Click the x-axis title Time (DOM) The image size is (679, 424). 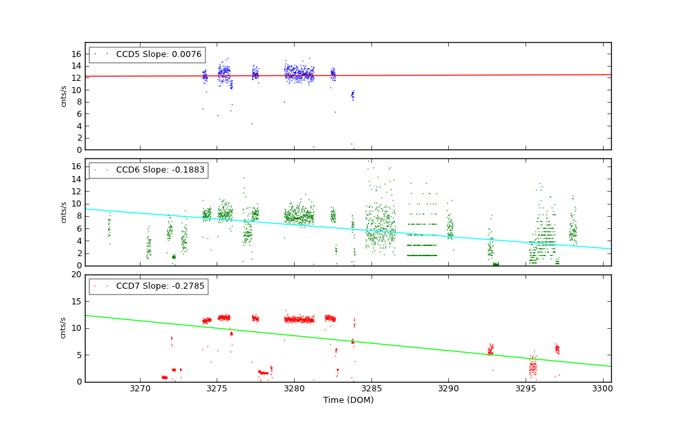(348, 400)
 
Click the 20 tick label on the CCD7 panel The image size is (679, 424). (77, 275)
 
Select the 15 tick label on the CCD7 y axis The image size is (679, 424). (77, 302)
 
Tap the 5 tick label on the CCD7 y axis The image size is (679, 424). (79, 355)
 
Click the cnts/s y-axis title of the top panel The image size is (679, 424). (64, 96)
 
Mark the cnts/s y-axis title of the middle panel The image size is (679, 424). (64, 212)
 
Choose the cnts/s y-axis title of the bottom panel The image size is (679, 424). (64, 328)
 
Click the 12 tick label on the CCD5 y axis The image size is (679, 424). (77, 77)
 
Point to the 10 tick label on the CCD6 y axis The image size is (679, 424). (77, 203)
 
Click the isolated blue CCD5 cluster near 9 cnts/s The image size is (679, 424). (352, 95)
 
